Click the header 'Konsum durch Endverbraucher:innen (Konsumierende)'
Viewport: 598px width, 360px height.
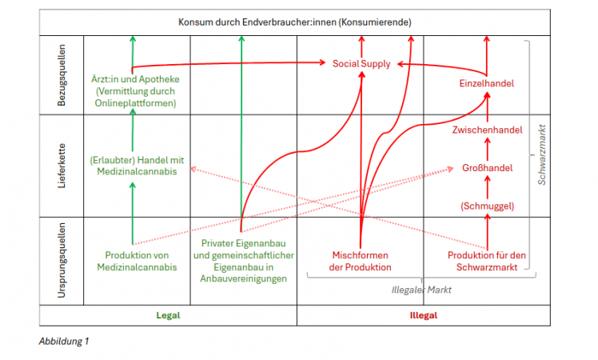click(295, 22)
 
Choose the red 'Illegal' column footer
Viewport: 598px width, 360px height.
click(423, 315)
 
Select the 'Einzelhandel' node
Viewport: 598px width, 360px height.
click(486, 83)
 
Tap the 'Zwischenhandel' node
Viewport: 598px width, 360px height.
click(487, 130)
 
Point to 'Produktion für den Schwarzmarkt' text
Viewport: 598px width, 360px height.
click(486, 261)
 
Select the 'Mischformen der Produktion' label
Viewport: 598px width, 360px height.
click(361, 261)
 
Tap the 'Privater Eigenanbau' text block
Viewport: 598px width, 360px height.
click(239, 261)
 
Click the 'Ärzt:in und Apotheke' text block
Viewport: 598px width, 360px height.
click(135, 91)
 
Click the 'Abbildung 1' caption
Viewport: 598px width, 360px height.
click(64, 342)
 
